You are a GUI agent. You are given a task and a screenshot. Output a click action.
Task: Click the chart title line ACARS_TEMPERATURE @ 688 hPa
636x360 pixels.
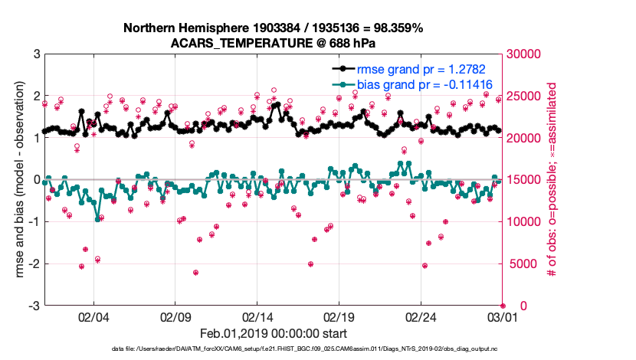click(273, 43)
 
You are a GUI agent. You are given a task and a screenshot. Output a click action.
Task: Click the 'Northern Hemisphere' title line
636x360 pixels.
click(273, 28)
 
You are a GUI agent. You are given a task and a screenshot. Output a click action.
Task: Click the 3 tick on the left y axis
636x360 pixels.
click(35, 54)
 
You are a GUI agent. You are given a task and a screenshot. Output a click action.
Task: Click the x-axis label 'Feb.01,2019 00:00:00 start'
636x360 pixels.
click(273, 334)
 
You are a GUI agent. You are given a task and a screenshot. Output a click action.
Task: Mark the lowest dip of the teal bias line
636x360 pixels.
click(97, 219)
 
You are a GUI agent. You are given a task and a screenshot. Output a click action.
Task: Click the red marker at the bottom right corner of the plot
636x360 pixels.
click(503, 306)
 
